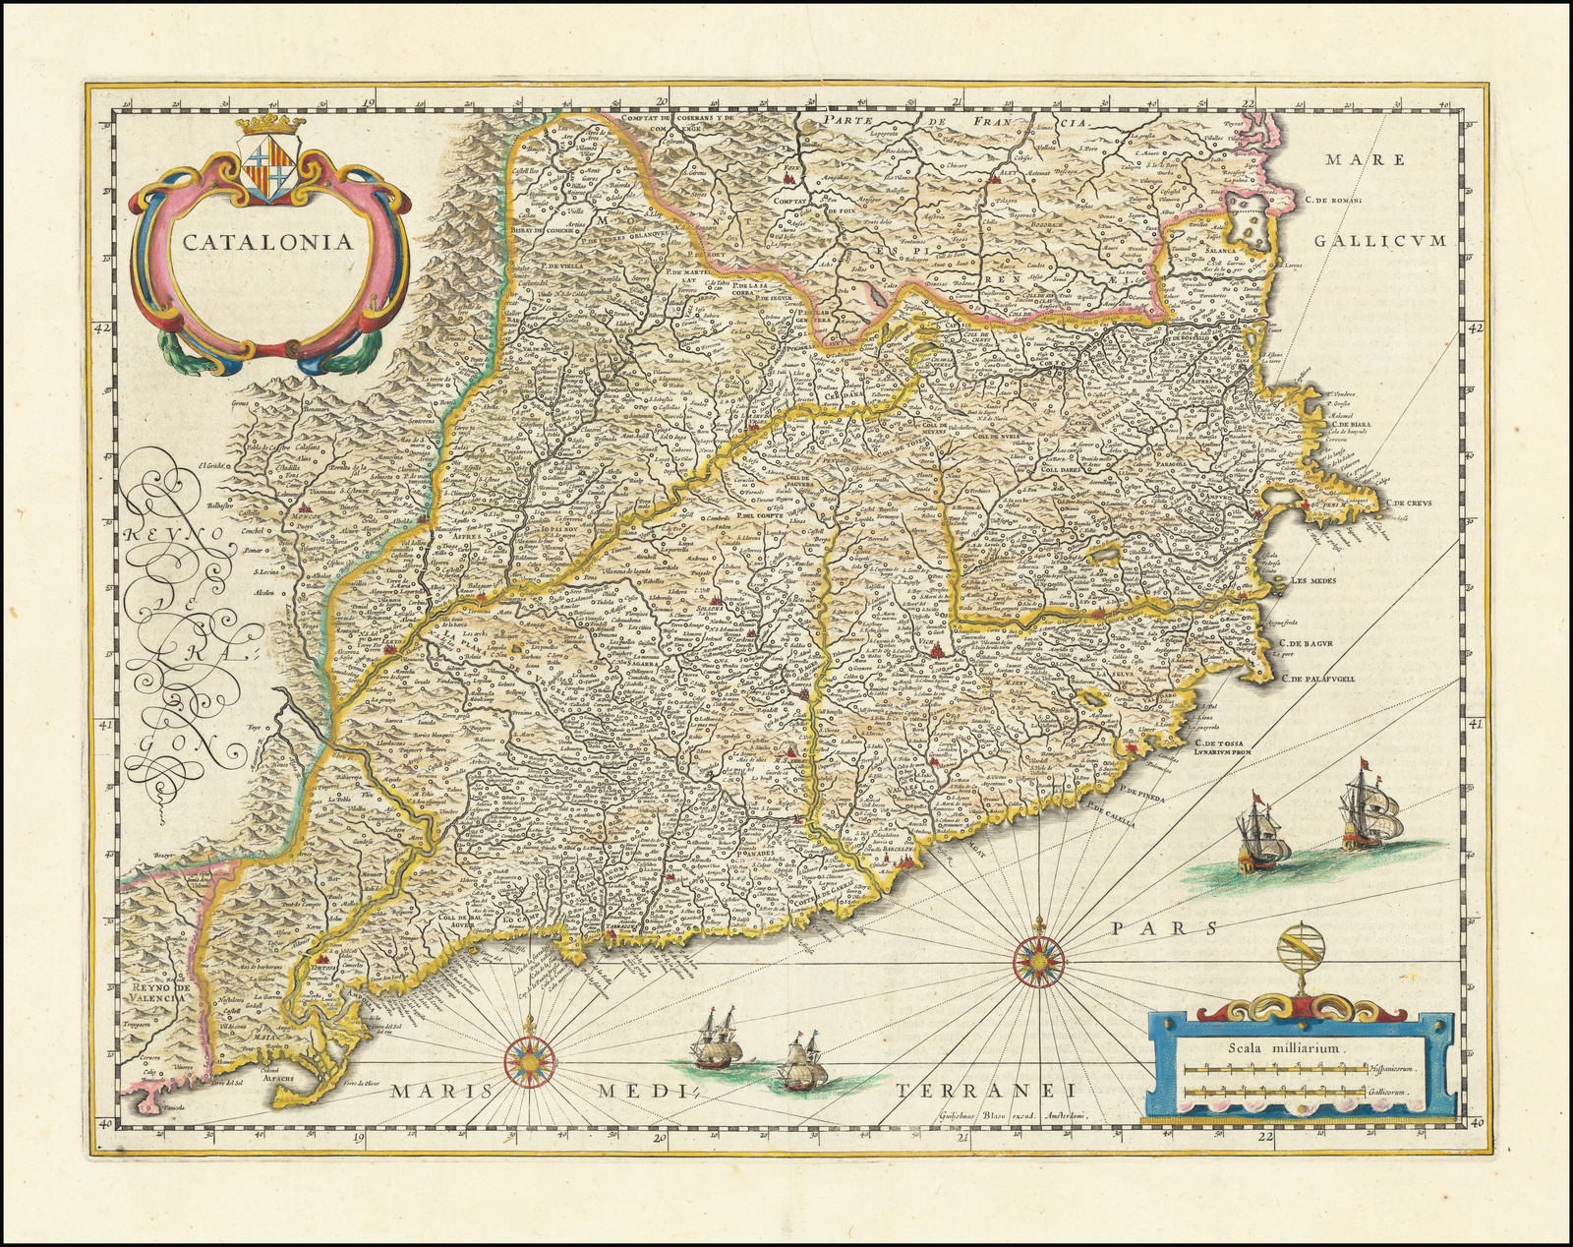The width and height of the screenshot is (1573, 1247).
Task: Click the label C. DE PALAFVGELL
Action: click(x=1338, y=678)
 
